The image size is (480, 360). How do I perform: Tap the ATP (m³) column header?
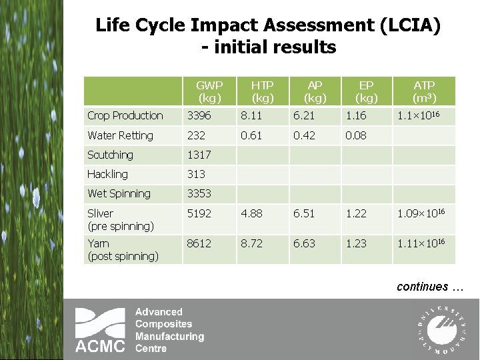click(x=424, y=91)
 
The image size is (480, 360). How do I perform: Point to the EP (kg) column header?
click(x=366, y=91)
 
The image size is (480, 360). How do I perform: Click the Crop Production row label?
click(x=125, y=116)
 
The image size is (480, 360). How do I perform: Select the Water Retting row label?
click(x=121, y=135)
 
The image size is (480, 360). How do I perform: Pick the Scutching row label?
click(x=111, y=155)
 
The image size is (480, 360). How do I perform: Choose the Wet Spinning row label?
click(x=119, y=193)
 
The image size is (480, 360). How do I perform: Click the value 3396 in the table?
click(x=199, y=116)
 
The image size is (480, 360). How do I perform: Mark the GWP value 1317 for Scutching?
click(x=199, y=155)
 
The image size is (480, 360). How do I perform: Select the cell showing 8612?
click(x=199, y=244)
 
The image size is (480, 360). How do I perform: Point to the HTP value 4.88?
click(x=253, y=213)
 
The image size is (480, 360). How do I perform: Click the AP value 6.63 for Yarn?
click(x=305, y=244)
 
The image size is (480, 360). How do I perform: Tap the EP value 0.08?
click(x=356, y=135)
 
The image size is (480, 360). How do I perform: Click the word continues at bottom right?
click(x=423, y=287)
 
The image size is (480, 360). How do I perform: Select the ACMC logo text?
click(x=99, y=346)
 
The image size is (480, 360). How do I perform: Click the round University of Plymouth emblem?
click(x=439, y=327)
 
